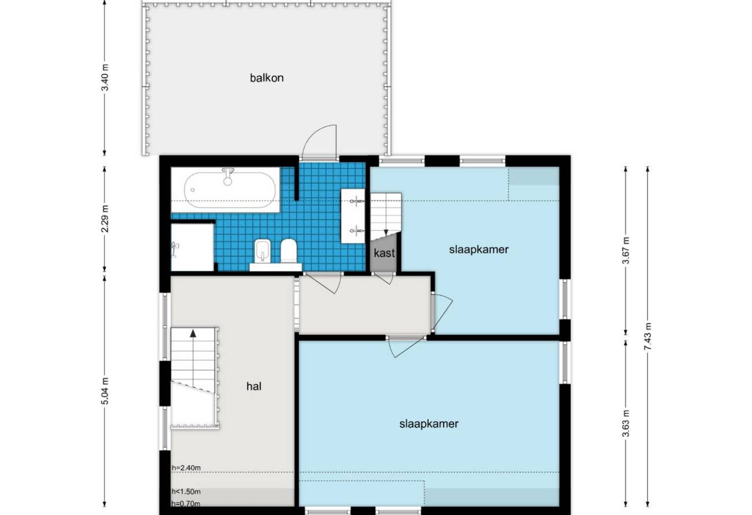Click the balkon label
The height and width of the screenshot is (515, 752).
pos(267,78)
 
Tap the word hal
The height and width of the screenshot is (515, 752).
pos(254,387)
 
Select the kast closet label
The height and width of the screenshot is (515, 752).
pos(384,253)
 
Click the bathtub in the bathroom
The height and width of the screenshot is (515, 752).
pos(230,190)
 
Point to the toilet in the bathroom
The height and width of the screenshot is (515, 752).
pos(289,250)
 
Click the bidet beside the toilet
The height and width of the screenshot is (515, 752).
pos(263,250)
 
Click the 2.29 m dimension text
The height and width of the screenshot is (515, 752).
pos(105,219)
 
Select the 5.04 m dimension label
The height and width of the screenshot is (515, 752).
pos(105,391)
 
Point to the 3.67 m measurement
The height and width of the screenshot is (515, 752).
pos(626,251)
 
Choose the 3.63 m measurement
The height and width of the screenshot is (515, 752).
pos(626,424)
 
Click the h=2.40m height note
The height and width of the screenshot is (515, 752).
pos(186,468)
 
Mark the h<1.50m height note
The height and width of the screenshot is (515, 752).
pos(186,491)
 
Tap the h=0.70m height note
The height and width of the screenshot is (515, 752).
pos(186,503)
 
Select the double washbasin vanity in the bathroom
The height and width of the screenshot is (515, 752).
pos(353,216)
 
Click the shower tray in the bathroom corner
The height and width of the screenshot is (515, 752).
pos(193,247)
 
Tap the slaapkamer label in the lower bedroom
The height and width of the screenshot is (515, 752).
pos(429,424)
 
